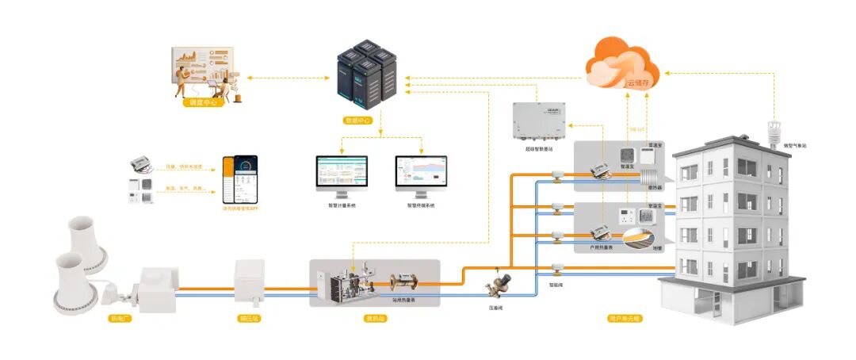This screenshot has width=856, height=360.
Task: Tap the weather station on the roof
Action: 770,132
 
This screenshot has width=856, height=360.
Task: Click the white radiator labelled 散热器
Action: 652,171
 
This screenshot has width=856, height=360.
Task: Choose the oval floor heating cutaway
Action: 640,240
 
